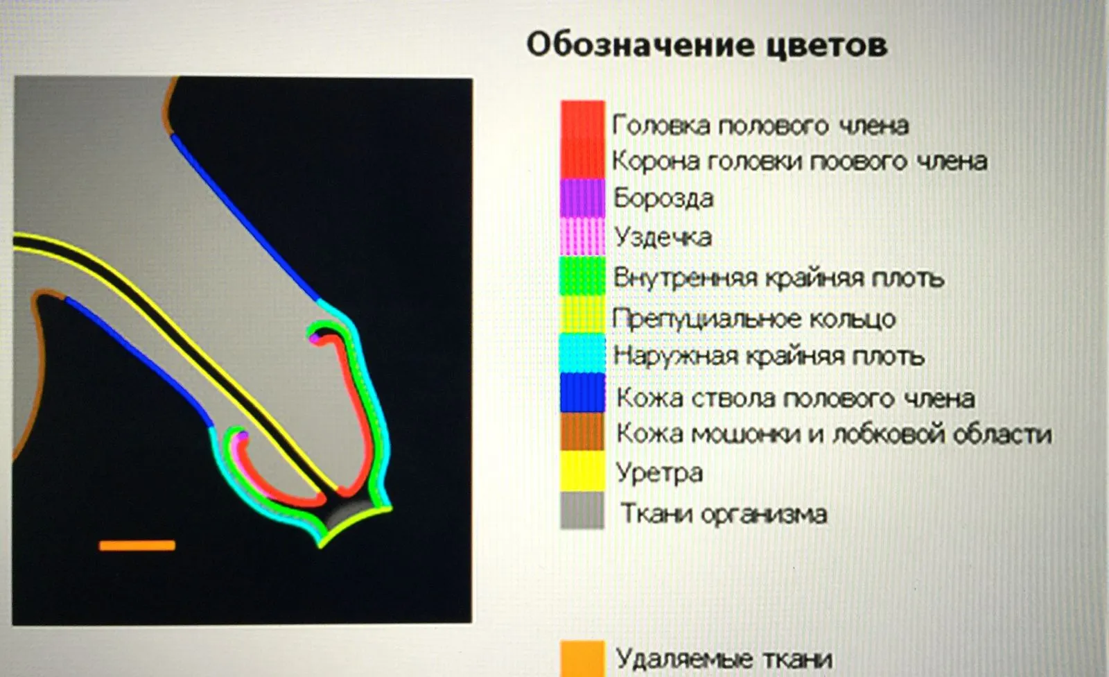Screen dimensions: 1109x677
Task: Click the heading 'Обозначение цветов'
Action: pos(706,46)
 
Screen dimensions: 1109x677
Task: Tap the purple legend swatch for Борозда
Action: pos(583,198)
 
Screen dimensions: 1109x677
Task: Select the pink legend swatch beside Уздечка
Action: pos(583,237)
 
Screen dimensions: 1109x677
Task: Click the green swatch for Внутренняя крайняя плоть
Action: pos(583,275)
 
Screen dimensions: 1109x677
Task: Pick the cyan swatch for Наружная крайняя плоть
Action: pos(583,354)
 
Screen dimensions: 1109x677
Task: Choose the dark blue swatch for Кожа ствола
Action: pos(583,393)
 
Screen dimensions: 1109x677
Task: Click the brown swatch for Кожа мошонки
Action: pos(583,431)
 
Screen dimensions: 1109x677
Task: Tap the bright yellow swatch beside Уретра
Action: pos(583,471)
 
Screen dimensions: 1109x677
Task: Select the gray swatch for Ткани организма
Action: pos(583,511)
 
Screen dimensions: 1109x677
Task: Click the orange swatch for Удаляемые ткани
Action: pos(583,659)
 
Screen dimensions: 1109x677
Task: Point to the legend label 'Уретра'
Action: pos(659,473)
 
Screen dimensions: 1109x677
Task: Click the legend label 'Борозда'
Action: pos(663,198)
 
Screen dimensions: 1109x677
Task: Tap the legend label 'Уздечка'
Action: pos(663,237)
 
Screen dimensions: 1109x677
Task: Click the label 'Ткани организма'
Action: pos(724,513)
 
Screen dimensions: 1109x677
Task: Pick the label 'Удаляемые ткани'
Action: pos(724,659)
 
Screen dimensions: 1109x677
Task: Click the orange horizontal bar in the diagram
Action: pos(137,546)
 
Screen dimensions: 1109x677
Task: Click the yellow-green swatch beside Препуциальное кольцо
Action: pos(583,315)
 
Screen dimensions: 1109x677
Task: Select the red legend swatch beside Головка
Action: pos(583,139)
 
